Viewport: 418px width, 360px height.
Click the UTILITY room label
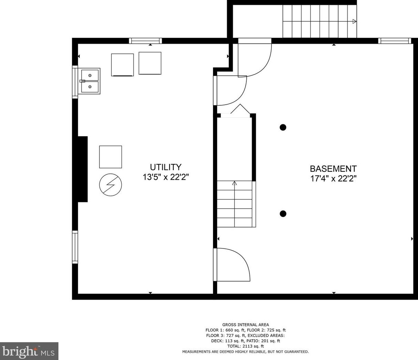click(x=165, y=167)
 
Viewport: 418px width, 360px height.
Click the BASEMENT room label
click(x=333, y=169)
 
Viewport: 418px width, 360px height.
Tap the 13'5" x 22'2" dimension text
click(x=165, y=177)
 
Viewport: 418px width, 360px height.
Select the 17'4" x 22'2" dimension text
click(x=333, y=179)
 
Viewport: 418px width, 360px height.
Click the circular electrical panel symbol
click(x=110, y=185)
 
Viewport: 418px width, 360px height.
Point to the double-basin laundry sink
click(x=89, y=81)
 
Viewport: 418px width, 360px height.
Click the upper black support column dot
click(x=283, y=127)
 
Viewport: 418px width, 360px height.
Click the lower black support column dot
click(x=283, y=213)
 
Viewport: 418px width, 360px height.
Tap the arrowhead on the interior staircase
click(x=234, y=183)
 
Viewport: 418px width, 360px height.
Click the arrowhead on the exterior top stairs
click(x=354, y=21)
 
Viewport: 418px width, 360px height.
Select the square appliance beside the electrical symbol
click(x=110, y=157)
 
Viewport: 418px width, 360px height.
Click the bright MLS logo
click(x=29, y=351)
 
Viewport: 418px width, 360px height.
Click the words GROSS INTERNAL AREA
click(x=246, y=325)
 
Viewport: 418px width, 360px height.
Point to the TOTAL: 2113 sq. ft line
click(x=246, y=346)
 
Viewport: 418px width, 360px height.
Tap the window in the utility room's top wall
click(x=146, y=41)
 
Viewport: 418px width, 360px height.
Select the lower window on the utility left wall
click(x=75, y=247)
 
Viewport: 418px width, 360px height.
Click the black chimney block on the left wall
click(x=83, y=169)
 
